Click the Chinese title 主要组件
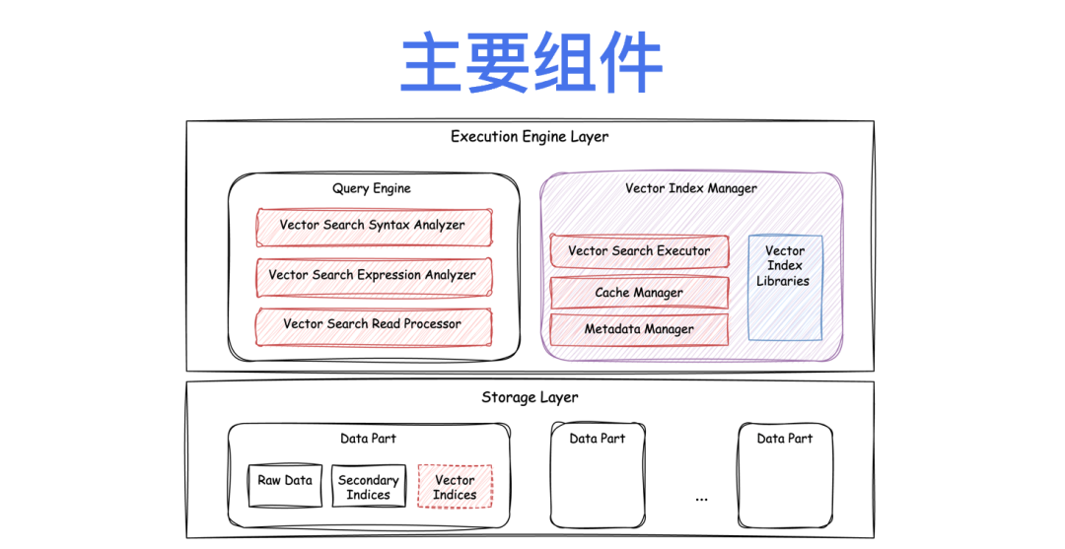point(531,64)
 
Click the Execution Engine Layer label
point(530,137)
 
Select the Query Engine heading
point(372,188)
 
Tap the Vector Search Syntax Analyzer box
point(373,226)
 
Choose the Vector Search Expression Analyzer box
point(373,276)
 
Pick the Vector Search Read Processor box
point(373,324)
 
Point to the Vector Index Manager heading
point(691,188)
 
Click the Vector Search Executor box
point(639,251)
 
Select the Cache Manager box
point(639,293)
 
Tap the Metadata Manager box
point(639,329)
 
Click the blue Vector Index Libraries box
point(784,286)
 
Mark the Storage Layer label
point(530,398)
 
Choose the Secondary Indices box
point(368,487)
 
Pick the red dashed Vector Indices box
point(455,487)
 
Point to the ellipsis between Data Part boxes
point(701,499)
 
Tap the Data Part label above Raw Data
point(368,439)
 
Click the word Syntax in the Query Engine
point(390,226)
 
